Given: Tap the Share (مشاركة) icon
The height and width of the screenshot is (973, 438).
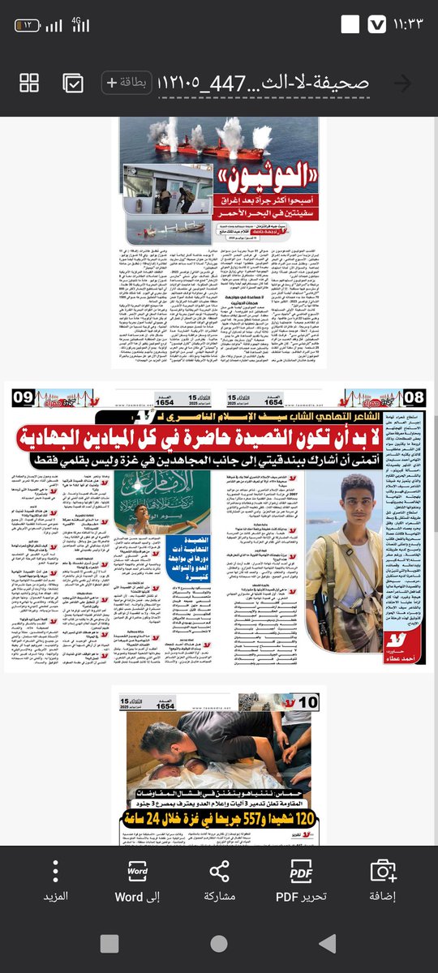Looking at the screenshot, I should pyautogui.click(x=219, y=871).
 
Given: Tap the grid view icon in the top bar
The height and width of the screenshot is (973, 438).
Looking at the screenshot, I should pyautogui.click(x=29, y=83).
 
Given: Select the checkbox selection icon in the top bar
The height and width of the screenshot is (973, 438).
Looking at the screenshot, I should pyautogui.click(x=72, y=83).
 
